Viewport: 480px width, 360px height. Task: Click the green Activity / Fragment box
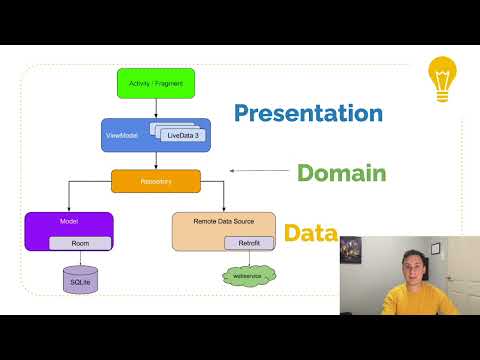(x=156, y=82)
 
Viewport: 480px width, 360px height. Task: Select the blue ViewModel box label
(x=119, y=134)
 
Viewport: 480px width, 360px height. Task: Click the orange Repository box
(x=156, y=181)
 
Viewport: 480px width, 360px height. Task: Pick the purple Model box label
(x=42, y=219)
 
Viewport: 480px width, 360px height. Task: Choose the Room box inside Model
(x=80, y=243)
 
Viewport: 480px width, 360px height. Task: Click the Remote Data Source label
(x=208, y=219)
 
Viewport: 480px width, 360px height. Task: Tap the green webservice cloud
(x=248, y=274)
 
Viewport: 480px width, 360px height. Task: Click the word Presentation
(x=308, y=112)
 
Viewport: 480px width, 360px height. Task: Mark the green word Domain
(x=341, y=173)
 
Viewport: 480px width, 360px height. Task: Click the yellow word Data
(x=309, y=233)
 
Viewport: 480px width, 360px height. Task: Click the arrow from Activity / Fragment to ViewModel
(x=156, y=108)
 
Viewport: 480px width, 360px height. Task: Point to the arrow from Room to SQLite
(x=80, y=257)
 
